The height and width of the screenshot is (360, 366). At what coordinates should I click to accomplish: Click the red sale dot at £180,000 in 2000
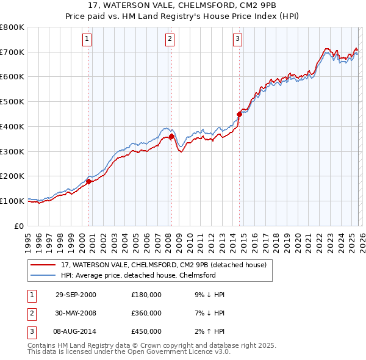click(89, 181)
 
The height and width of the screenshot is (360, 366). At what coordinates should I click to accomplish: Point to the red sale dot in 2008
click(171, 137)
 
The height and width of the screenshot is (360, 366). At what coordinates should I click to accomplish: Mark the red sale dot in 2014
click(239, 113)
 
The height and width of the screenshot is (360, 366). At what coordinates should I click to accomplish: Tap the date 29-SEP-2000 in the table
click(76, 295)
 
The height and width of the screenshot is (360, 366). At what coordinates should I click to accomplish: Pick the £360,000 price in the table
click(146, 313)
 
